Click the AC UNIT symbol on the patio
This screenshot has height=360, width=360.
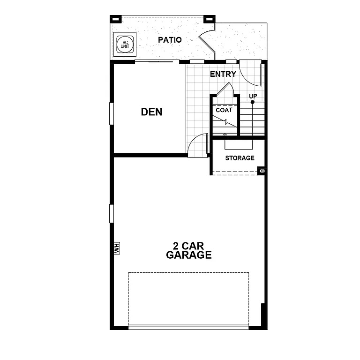[125, 44]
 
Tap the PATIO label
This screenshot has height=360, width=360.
[170, 40]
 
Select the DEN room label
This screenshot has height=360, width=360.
[152, 112]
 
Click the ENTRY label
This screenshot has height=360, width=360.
[223, 74]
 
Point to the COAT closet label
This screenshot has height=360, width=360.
[224, 110]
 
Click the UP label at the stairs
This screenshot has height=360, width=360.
[253, 96]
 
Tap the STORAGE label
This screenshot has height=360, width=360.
[240, 158]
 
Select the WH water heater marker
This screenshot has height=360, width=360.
[117, 248]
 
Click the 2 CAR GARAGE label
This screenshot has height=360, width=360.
[188, 251]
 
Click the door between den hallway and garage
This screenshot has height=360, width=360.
[198, 145]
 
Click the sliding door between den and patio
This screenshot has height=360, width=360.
[157, 61]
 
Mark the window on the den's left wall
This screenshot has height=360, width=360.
[112, 113]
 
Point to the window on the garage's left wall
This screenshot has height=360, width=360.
[112, 213]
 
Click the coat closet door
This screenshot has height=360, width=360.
[225, 90]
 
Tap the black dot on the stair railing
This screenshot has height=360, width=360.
[253, 102]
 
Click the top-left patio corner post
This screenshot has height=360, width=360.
[115, 19]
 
